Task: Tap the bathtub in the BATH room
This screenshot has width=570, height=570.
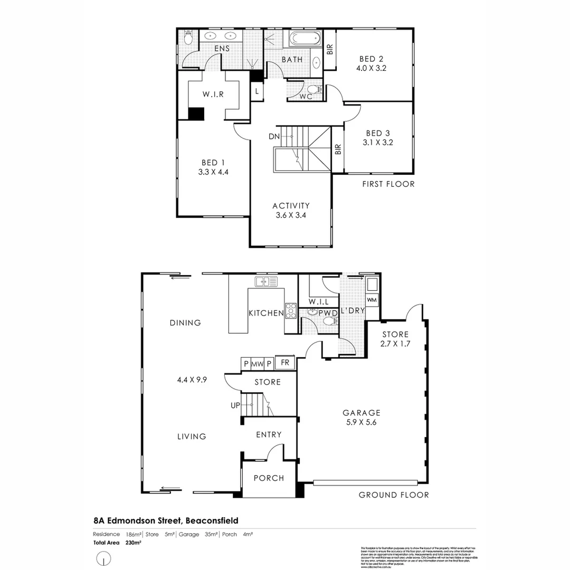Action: coord(303,39)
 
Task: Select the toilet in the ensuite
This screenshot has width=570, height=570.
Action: coord(188,39)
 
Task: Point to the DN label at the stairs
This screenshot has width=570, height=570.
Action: coord(273,136)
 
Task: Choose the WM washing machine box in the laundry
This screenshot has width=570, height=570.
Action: coord(372,300)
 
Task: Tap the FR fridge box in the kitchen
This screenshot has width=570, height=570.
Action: coord(285,363)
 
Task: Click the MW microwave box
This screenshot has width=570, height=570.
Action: coord(257,364)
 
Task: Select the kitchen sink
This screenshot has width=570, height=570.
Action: coord(266,281)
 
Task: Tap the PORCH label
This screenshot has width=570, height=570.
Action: coord(269,478)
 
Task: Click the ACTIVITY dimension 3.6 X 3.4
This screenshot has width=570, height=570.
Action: coord(291,215)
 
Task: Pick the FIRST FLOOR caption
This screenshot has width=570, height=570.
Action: coord(388,184)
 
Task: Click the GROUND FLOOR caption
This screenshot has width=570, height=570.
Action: coord(394,495)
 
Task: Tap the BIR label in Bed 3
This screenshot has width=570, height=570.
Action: coord(338,149)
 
